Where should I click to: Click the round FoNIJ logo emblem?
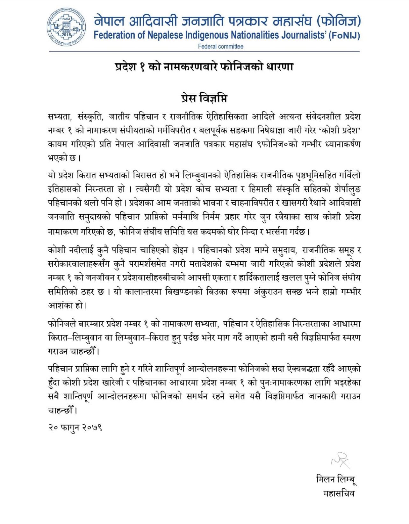click(66, 27)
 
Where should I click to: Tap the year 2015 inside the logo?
click(67, 34)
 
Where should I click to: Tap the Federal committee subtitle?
click(220, 47)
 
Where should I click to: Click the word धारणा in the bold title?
click(279, 67)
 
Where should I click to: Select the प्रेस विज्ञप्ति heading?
click(204, 98)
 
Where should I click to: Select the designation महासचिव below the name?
click(339, 493)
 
